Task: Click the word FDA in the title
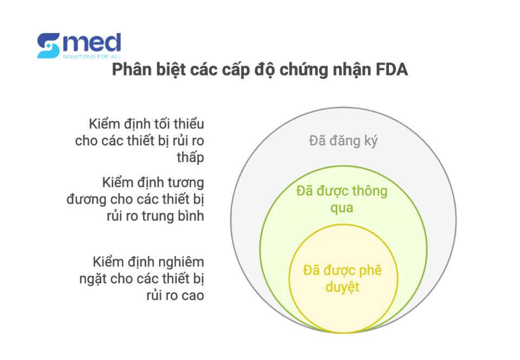pos(392,70)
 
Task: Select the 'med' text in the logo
pos(92,43)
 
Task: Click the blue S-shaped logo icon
pos(48,46)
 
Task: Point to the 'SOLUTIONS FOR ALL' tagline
pos(92,57)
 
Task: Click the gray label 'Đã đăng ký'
pos(343,140)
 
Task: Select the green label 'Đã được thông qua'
pos(342,199)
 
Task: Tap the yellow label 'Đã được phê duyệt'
pos(342,278)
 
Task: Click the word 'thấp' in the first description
pos(190,157)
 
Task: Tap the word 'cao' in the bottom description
pos(192,295)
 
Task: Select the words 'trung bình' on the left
pos(173,216)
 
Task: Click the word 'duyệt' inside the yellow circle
pos(342,287)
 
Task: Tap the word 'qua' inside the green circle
pos(342,208)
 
